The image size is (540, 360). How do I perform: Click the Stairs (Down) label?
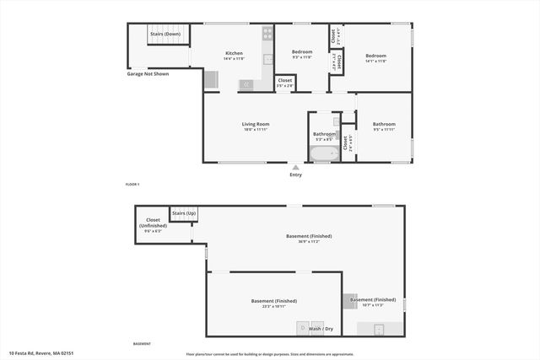(x=166, y=35)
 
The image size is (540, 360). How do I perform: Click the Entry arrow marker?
(x=295, y=167)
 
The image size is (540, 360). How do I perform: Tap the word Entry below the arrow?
(x=295, y=175)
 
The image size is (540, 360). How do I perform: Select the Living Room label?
(x=256, y=124)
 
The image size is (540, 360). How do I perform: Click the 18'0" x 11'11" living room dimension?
(x=256, y=130)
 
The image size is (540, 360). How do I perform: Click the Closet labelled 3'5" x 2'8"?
(x=285, y=81)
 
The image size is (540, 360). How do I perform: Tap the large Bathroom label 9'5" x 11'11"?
(x=384, y=124)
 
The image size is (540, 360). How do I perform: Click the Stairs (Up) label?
(x=184, y=213)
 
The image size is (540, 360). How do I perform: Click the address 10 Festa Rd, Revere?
(x=41, y=352)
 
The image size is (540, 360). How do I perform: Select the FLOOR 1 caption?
(x=132, y=184)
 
